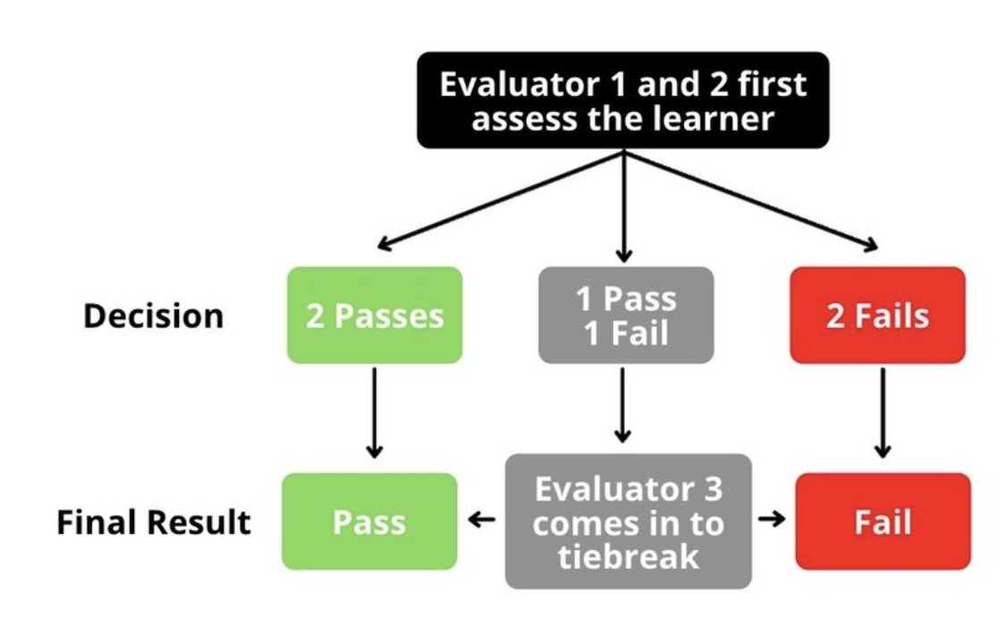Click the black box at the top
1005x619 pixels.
[622, 100]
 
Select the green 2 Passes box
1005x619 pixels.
[374, 316]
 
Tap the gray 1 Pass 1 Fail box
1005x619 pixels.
[625, 316]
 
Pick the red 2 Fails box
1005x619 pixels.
[876, 316]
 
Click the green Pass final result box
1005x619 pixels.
[368, 521]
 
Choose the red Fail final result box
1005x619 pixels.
[882, 521]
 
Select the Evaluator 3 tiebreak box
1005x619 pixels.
[628, 521]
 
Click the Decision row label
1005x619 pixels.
[153, 317]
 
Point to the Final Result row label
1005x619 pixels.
[154, 522]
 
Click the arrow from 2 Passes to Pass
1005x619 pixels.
[374, 411]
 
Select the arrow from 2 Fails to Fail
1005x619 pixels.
[882, 411]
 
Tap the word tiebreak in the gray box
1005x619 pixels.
[628, 556]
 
